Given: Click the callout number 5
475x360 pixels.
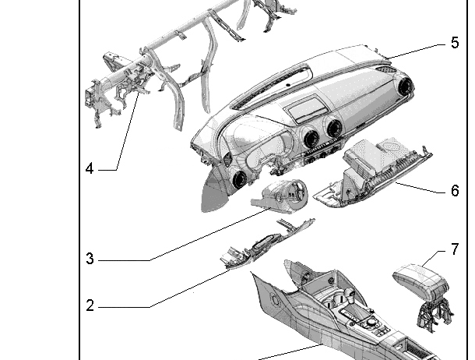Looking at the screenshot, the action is pyautogui.click(x=455, y=42).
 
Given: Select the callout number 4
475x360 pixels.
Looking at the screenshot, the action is pyautogui.click(x=90, y=168).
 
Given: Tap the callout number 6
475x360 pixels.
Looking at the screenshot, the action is pyautogui.click(x=455, y=191).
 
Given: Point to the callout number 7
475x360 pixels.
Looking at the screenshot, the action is pyautogui.click(x=455, y=249).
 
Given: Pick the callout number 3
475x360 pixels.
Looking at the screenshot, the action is pyautogui.click(x=90, y=259).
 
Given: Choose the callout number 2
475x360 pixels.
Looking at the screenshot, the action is pyautogui.click(x=90, y=305).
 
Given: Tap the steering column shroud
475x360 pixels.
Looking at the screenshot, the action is pyautogui.click(x=280, y=196).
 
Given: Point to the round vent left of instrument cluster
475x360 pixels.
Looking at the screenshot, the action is pyautogui.click(x=239, y=178).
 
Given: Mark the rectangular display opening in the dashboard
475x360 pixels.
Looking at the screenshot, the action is pyautogui.click(x=306, y=108).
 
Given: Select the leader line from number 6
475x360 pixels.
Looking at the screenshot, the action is pyautogui.click(x=420, y=188).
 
